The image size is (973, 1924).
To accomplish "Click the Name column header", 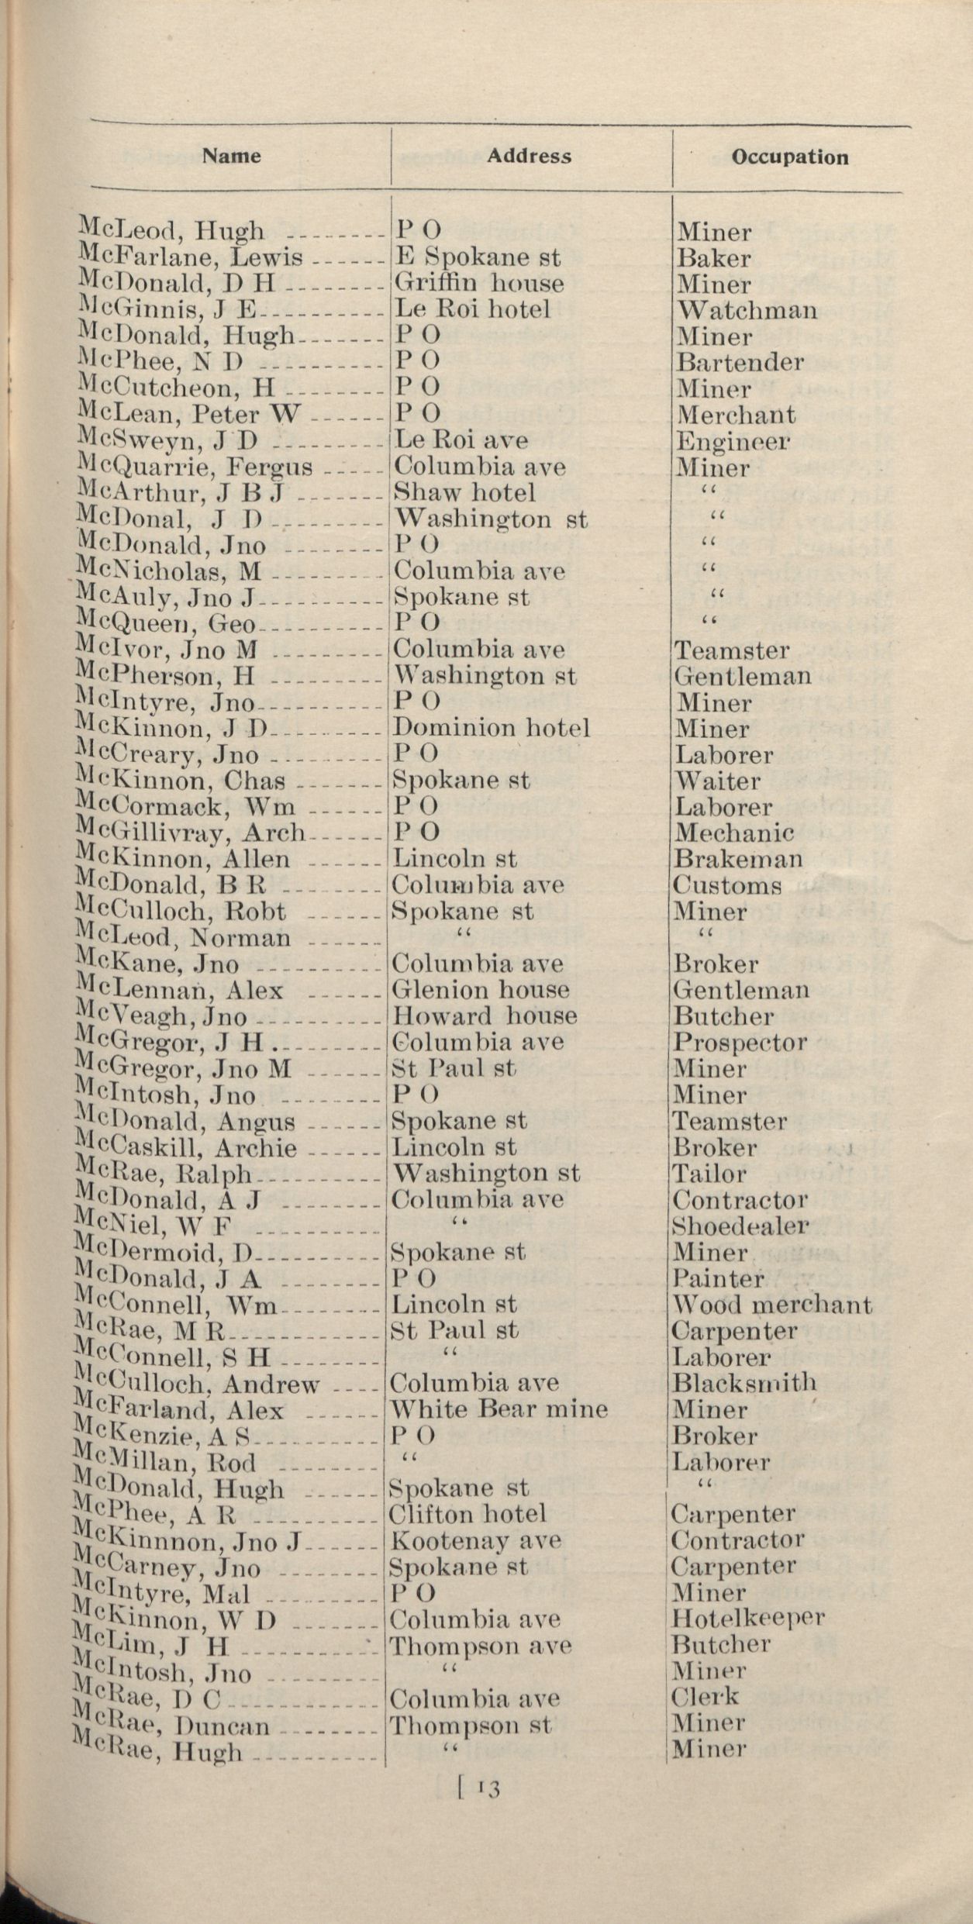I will [231, 156].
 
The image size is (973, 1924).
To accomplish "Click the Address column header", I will [529, 156].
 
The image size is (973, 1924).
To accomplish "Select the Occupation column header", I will [789, 157].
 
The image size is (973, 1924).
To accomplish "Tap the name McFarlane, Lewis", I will [191, 257].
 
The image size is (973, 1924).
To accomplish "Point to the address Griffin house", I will [478, 283].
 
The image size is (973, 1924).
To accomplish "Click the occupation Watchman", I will [747, 310].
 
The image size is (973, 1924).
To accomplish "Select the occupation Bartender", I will [739, 362].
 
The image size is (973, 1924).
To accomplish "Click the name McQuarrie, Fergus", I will [195, 467].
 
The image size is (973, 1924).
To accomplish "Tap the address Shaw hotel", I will [464, 492].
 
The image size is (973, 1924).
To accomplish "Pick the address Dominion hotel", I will [490, 728].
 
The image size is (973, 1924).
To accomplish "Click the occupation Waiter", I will [716, 781].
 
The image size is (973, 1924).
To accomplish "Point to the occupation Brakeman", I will [737, 859].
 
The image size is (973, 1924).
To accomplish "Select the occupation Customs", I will [726, 885].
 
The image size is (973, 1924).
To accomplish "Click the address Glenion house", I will [480, 990].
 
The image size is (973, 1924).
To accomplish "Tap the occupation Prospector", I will [739, 1043].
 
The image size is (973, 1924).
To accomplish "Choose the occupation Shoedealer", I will [740, 1226].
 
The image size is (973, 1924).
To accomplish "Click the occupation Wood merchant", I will [771, 1305].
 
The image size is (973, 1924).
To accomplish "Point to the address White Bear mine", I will [498, 1409].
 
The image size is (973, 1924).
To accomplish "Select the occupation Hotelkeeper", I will [747, 1619].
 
